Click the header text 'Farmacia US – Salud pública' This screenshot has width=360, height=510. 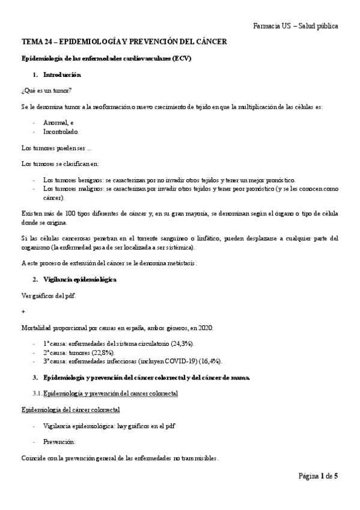296,26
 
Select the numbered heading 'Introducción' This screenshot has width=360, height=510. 62,75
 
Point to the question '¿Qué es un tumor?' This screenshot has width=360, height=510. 46,90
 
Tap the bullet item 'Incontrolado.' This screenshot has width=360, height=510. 61,131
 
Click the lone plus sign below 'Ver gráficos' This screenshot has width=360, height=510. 23,312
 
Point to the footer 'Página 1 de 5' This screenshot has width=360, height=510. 318,476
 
